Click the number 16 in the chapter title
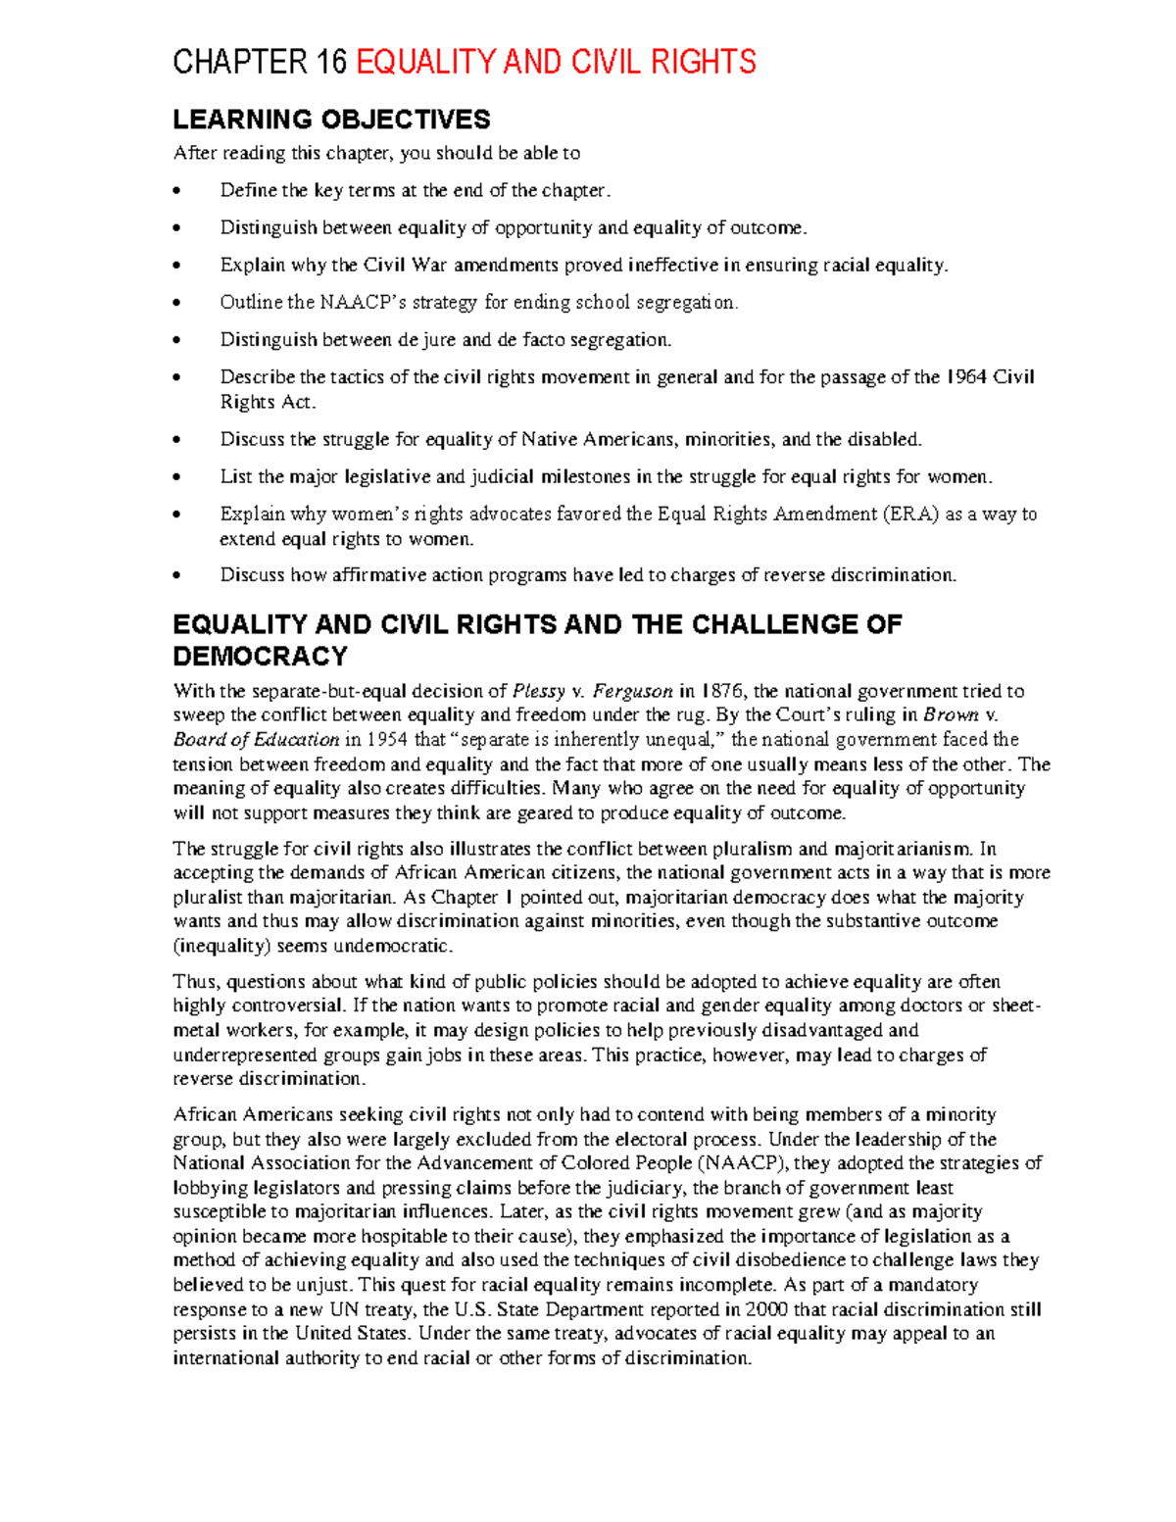331,63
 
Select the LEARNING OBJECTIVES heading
331,120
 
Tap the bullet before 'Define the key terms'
177,191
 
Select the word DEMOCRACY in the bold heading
261,656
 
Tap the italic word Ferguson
633,691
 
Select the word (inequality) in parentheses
221,947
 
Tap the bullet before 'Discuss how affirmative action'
177,575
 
